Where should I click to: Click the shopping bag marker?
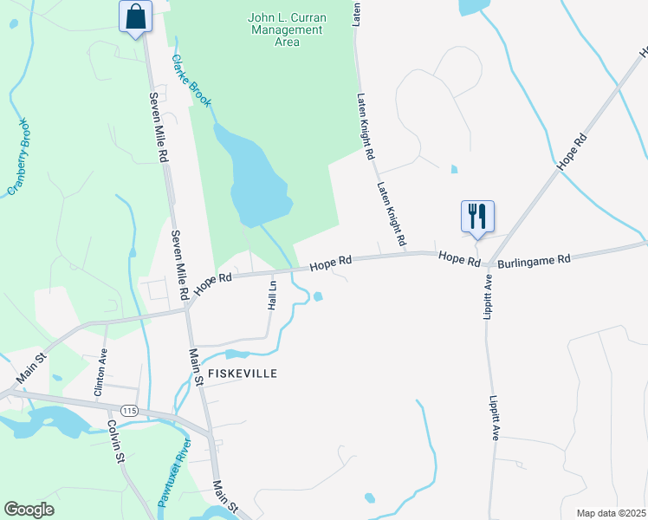point(136,17)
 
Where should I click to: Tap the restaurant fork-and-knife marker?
point(477,216)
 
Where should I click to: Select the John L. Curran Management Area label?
point(285,29)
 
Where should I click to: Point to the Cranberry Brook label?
point(19,157)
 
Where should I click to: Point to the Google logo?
point(29,510)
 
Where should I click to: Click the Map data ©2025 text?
point(611,513)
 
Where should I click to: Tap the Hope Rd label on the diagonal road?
point(573,151)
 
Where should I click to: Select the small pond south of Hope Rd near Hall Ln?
point(318,297)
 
